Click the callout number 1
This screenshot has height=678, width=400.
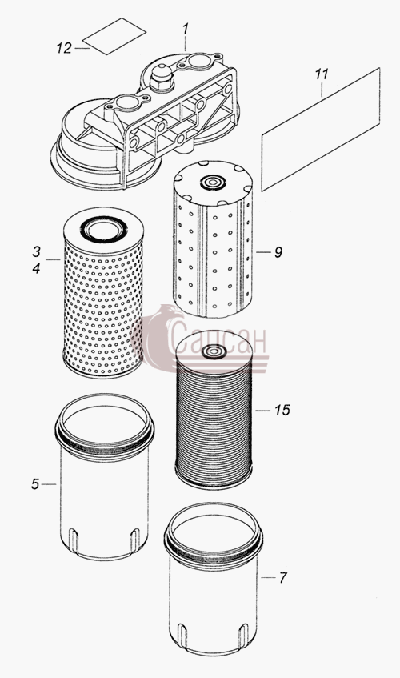tap(186, 30)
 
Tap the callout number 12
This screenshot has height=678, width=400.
tap(64, 48)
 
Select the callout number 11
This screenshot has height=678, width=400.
tap(322, 74)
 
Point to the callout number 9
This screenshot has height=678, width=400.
tap(278, 252)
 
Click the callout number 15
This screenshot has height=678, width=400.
tap(282, 411)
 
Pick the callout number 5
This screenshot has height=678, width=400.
tap(35, 484)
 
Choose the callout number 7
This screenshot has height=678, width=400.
tap(282, 578)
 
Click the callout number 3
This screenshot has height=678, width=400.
tap(36, 251)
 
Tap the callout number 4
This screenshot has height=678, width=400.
tap(36, 268)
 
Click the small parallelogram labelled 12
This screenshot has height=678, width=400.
tap(114, 36)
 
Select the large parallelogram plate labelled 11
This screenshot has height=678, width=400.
tap(321, 130)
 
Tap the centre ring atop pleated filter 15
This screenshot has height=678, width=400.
tap(214, 351)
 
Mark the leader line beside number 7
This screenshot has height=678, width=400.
tap(268, 578)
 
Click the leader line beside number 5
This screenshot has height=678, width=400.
tap(50, 485)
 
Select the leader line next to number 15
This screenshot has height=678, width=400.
tap(262, 411)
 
